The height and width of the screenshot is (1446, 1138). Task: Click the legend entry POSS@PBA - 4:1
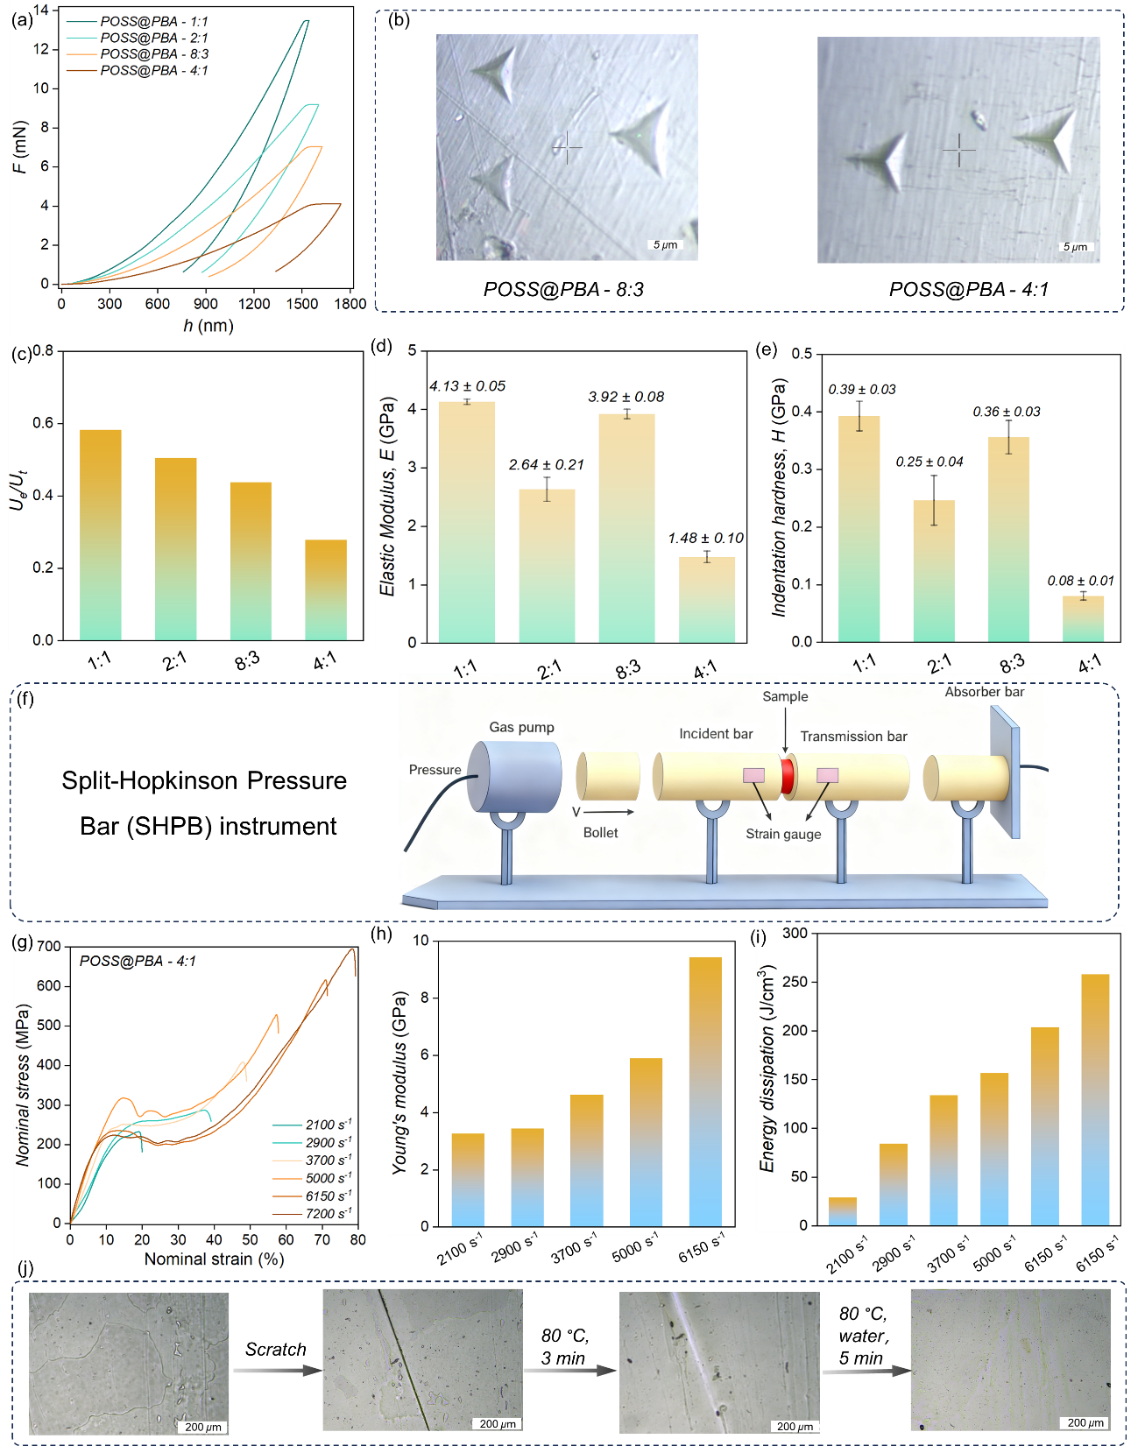coord(154,70)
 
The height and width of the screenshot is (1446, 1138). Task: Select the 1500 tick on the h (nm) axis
coord(302,304)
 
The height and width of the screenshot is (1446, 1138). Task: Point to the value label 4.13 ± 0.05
coord(467,386)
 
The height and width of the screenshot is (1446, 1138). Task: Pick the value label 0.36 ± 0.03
coord(1007,412)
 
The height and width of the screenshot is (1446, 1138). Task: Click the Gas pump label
coord(521,727)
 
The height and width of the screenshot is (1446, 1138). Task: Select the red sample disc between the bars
coord(788,776)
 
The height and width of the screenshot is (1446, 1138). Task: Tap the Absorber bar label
coord(984,692)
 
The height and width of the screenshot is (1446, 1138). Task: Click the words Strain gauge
coord(783,834)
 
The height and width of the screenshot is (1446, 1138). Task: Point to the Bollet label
coord(600,833)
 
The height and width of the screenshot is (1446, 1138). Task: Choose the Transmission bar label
coord(853,737)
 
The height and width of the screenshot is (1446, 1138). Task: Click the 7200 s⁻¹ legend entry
coord(328,1214)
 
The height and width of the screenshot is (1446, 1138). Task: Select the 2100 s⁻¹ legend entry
coord(328,1125)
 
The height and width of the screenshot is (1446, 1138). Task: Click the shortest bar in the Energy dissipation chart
coord(842,1211)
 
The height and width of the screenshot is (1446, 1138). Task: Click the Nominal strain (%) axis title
coord(214,1259)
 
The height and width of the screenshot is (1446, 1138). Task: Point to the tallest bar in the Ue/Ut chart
coord(100,534)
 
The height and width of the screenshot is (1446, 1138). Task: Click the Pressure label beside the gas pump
coord(435,770)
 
